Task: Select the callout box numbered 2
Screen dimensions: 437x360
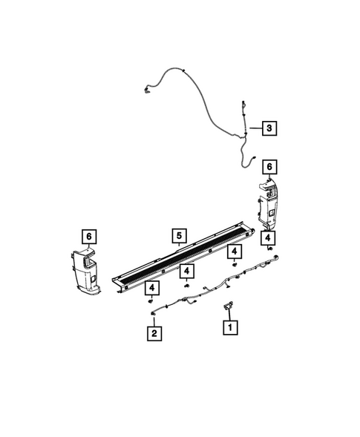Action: pos(154,335)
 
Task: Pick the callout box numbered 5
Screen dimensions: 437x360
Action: pos(179,237)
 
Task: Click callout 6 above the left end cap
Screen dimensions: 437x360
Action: pos(89,237)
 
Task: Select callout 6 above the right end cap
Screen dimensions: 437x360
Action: pos(269,167)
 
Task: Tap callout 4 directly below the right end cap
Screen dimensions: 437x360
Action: pos(267,237)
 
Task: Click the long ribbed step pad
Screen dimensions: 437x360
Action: pos(186,260)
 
